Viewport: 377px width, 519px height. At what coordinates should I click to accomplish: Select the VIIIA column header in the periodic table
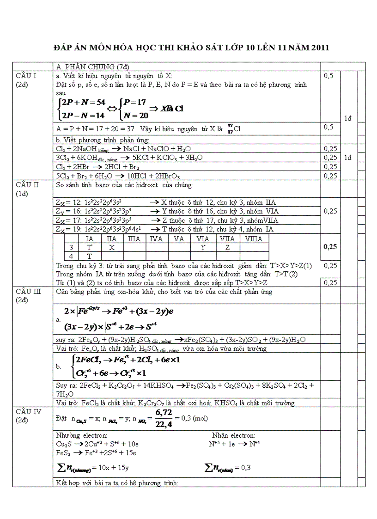254,239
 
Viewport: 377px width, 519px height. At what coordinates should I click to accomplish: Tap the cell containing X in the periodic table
111,248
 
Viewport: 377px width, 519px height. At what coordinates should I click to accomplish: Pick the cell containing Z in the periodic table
227,248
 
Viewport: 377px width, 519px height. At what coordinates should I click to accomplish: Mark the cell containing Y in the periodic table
203,248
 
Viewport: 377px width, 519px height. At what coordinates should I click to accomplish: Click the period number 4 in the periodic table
71,256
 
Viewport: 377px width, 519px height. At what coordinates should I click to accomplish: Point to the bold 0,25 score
330,247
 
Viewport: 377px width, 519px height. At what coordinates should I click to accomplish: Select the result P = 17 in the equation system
135,103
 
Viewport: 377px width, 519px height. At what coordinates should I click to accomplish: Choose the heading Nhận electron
233,435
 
